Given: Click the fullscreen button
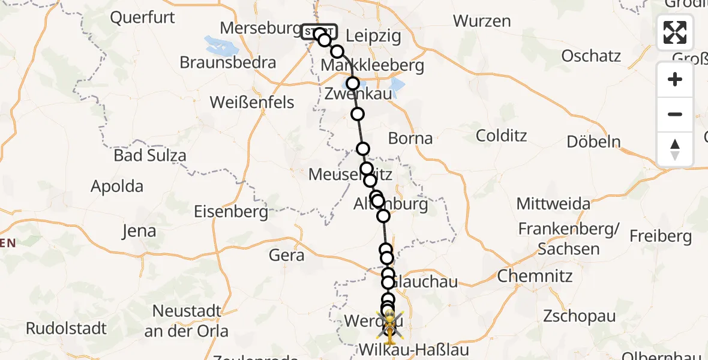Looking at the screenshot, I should (675, 32).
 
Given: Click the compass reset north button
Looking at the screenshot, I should (675, 149).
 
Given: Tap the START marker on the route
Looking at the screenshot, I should (319, 31).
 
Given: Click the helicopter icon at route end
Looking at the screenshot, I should (389, 325).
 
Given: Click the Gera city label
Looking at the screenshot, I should (286, 256).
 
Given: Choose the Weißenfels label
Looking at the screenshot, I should (252, 103).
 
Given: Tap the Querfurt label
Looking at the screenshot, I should (143, 17).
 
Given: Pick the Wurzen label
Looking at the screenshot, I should (482, 21).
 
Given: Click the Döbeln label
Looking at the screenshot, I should (594, 142).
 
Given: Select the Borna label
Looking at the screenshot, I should (410, 139).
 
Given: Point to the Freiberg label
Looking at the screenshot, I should (661, 236).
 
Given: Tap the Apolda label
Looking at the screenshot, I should (117, 186).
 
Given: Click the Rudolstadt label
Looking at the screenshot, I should (66, 329).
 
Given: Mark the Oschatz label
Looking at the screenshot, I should (591, 56).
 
